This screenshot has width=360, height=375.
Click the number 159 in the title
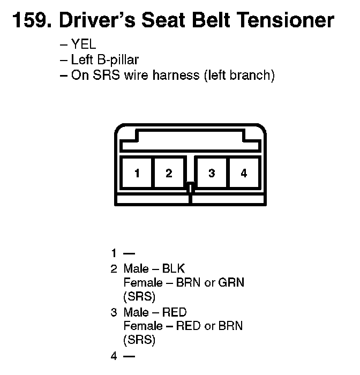point(29,21)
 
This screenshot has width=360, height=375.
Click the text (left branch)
point(239,75)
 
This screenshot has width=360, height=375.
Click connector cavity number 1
point(137,173)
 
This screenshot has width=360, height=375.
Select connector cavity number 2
point(169,173)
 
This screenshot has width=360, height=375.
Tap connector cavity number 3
point(212,173)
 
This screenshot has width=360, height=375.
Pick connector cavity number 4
point(244,173)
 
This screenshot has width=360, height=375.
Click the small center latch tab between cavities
point(190,187)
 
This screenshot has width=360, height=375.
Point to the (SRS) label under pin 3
point(139,340)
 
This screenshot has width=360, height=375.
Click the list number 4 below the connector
point(114,356)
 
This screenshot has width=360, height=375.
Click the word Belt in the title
point(199,21)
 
